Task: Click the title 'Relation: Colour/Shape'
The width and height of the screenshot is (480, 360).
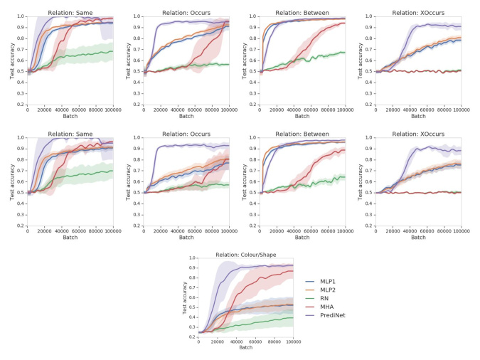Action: tap(245, 254)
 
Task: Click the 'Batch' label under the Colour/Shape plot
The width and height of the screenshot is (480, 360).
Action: tap(245, 347)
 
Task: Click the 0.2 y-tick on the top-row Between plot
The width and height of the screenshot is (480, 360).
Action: tap(252, 104)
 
